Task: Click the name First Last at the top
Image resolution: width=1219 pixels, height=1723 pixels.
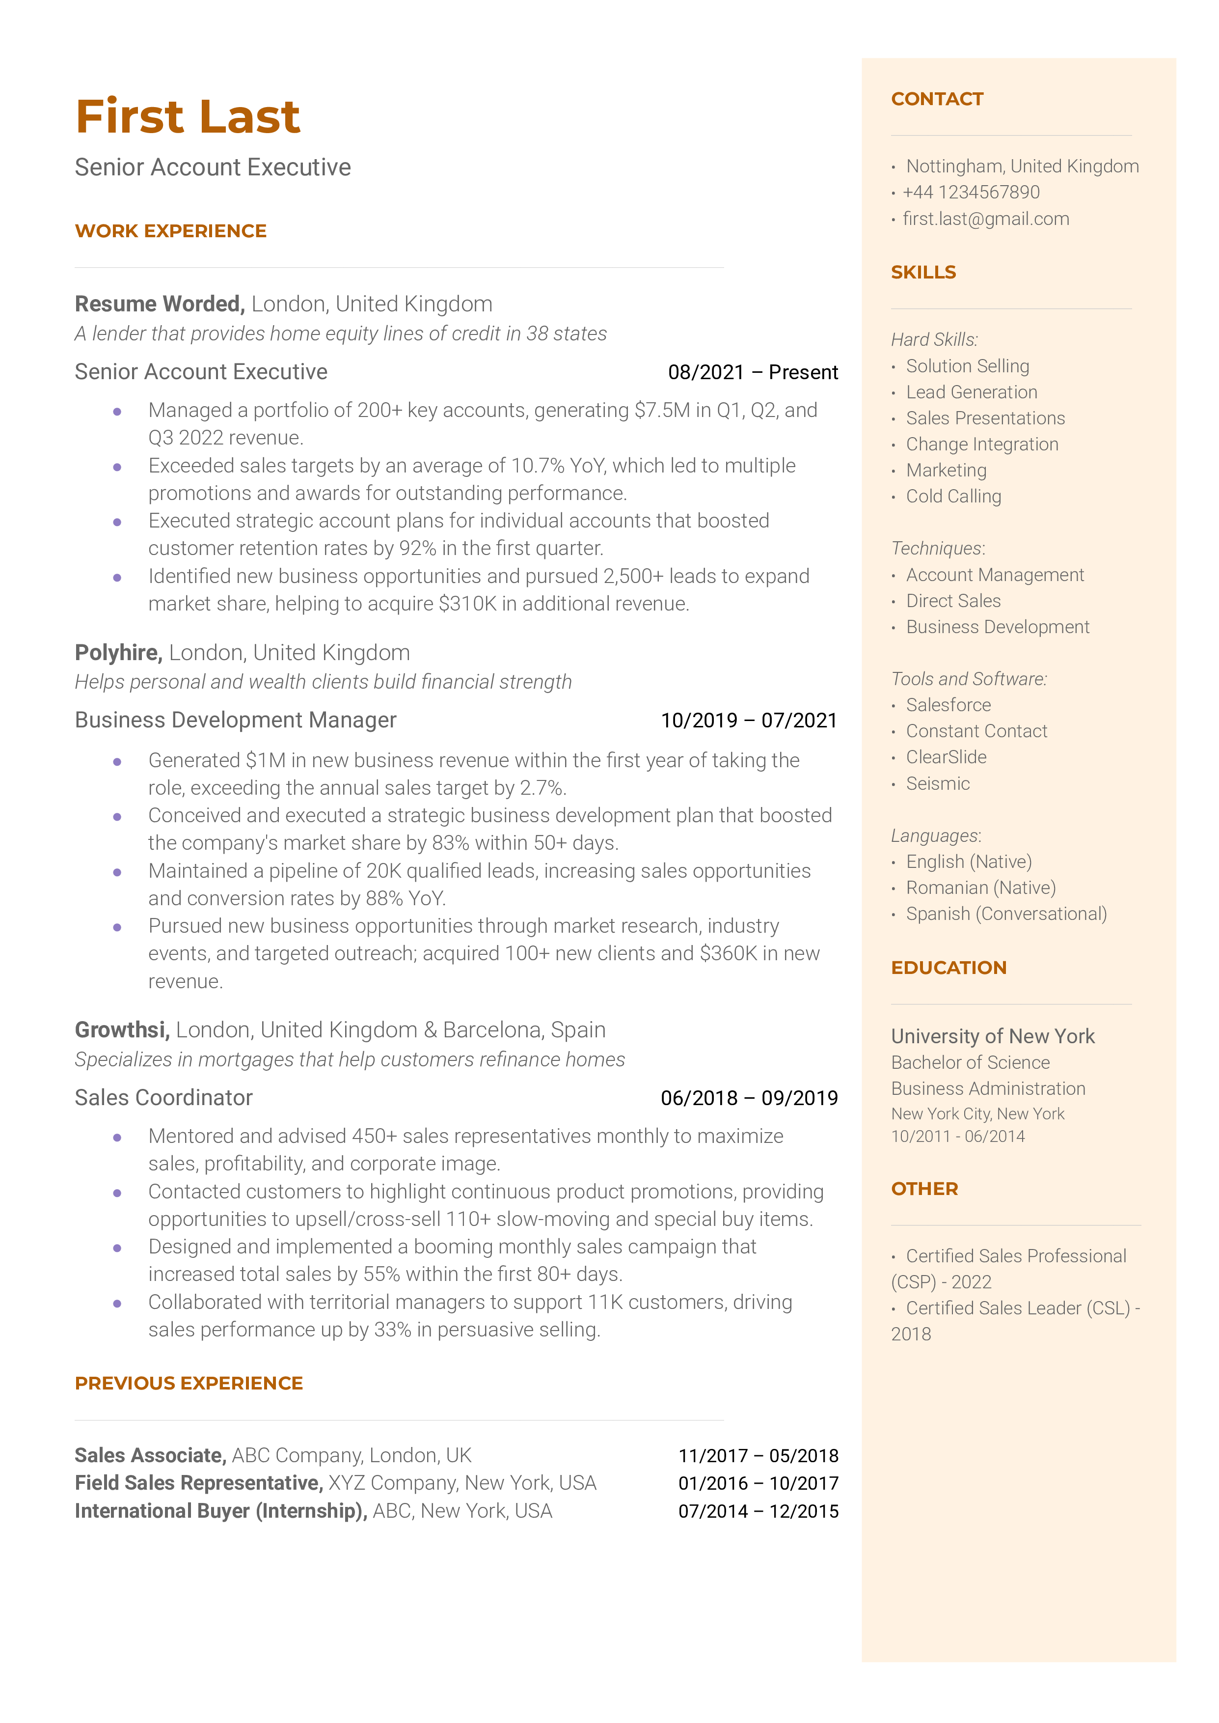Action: pos(188,117)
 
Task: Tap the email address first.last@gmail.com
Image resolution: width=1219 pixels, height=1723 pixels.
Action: pos(985,219)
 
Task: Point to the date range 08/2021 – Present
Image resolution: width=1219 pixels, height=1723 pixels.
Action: pos(752,372)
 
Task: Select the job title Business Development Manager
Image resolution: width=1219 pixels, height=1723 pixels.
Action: pos(235,720)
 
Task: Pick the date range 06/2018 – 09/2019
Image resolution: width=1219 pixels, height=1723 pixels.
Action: pos(748,1098)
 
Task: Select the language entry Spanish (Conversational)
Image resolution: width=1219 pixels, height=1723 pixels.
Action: pos(1006,915)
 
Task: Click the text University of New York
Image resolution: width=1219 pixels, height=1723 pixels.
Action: pos(992,1037)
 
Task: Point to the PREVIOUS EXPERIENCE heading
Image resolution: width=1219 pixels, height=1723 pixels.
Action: pos(189,1384)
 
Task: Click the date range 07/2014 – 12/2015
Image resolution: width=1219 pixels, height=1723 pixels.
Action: pos(758,1512)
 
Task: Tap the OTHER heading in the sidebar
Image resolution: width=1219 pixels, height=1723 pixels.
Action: pos(924,1189)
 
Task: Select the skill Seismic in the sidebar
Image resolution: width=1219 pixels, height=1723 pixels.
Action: pos(938,784)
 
